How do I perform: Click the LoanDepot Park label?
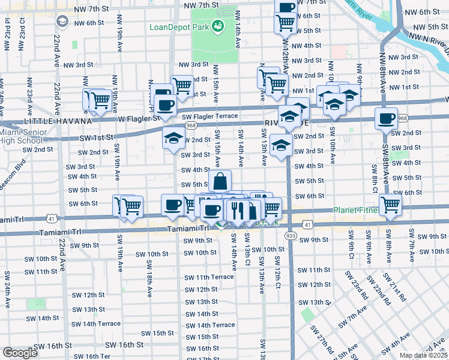(179, 27)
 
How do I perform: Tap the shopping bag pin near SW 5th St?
(220, 181)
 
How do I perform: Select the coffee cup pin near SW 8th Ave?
(386, 118)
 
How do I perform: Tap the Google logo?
(20, 353)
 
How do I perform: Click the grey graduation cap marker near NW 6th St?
(62, 22)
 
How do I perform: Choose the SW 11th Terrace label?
(208, 277)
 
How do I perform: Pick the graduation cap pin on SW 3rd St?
(281, 145)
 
